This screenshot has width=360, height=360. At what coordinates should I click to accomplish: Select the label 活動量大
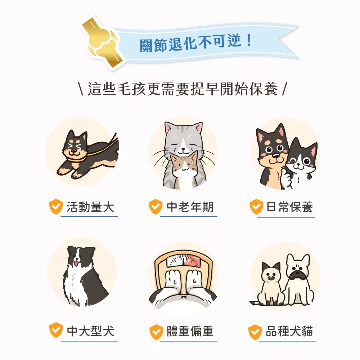[x=90, y=207]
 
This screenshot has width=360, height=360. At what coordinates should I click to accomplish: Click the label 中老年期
[x=190, y=207]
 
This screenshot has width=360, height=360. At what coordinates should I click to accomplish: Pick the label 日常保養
[x=290, y=207]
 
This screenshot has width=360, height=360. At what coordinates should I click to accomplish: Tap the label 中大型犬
[x=90, y=330]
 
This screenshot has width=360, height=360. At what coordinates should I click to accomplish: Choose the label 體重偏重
[x=190, y=331]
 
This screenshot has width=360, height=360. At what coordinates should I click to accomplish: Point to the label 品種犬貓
[x=289, y=331]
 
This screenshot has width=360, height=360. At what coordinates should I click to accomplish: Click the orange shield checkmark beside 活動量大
[x=56, y=207]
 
